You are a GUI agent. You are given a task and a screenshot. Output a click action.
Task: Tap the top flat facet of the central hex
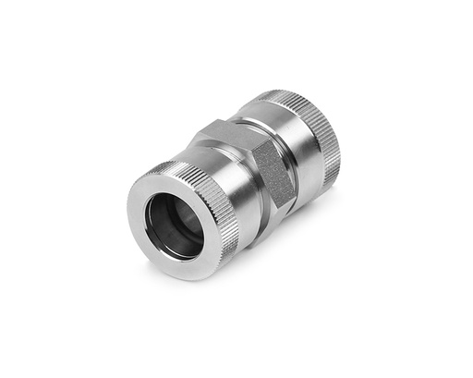[236, 139]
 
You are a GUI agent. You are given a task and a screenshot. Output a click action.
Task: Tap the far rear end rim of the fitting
[334, 148]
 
